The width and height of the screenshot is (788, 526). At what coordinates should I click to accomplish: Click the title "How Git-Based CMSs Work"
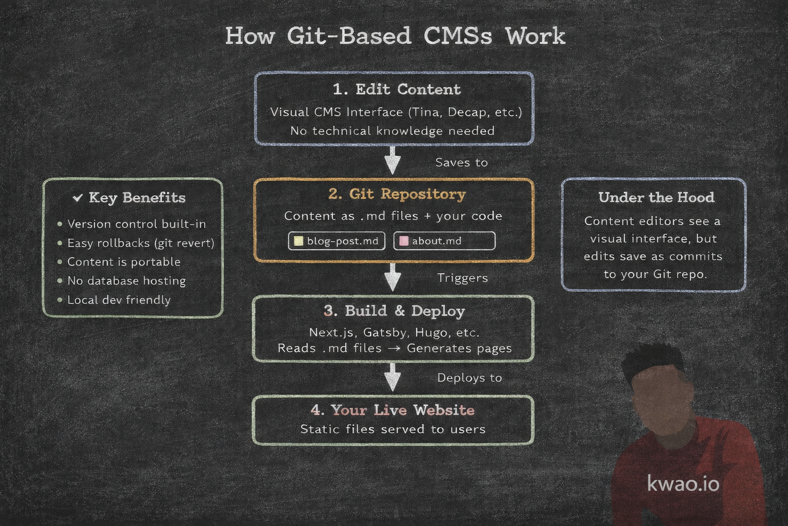click(x=395, y=36)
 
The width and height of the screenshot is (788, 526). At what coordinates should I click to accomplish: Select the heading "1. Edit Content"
click(x=397, y=89)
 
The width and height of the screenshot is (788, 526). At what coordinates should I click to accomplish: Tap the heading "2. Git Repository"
click(x=397, y=194)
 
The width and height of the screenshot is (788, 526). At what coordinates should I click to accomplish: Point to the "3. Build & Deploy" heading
click(x=394, y=311)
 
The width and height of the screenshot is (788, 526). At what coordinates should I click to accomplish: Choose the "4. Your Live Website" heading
click(x=392, y=410)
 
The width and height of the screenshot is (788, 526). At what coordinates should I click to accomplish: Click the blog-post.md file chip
click(x=337, y=241)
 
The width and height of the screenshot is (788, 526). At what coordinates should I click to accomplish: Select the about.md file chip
click(x=444, y=241)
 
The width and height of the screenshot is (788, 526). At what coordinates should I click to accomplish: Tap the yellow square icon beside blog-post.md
click(x=299, y=241)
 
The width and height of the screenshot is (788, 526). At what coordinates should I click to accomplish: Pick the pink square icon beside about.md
click(x=404, y=241)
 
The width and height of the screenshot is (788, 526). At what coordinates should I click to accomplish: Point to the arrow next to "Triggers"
click(x=392, y=277)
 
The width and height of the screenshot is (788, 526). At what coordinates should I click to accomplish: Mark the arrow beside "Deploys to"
click(x=392, y=378)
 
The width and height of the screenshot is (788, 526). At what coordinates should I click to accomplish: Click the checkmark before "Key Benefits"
click(x=78, y=198)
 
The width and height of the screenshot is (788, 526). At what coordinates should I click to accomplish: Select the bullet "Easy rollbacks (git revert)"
click(x=141, y=243)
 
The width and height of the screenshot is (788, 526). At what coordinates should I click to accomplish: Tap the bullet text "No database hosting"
click(x=126, y=280)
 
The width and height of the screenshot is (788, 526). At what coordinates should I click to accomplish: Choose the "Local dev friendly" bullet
click(x=119, y=300)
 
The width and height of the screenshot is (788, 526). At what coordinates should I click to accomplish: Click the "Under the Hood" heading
click(x=656, y=198)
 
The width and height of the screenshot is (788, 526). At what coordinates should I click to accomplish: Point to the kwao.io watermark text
click(x=683, y=484)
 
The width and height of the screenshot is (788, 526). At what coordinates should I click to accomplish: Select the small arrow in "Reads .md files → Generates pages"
click(x=394, y=349)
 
